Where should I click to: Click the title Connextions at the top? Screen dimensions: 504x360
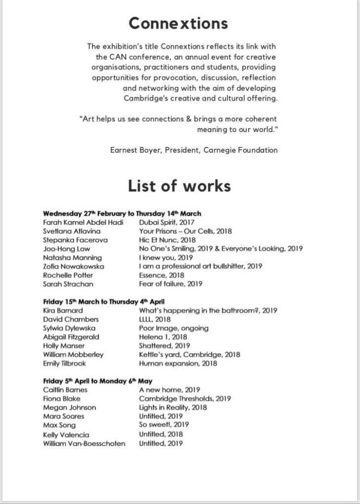[178, 23]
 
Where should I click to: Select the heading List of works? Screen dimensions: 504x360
[179, 186]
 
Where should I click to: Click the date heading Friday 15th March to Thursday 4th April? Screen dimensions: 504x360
[103, 302]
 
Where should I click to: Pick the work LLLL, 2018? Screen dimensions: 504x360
[155, 319]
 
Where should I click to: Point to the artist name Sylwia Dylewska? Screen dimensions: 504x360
[69, 328]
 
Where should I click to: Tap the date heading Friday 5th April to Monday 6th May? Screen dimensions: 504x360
[98, 381]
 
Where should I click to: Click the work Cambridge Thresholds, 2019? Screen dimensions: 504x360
[185, 399]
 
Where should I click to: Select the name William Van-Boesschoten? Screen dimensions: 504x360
[84, 443]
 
